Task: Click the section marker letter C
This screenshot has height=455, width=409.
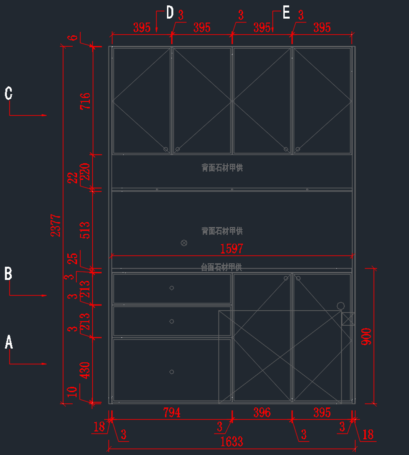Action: click(x=9, y=93)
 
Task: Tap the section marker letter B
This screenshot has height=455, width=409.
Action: click(x=8, y=274)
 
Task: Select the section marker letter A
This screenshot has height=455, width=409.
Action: click(x=9, y=342)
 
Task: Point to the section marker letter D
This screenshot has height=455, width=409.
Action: click(x=170, y=13)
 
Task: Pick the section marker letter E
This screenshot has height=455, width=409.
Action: click(x=286, y=13)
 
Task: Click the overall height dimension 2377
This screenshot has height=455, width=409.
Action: click(x=56, y=225)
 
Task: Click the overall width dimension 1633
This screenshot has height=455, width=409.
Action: click(x=232, y=442)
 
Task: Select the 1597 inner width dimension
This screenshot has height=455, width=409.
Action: click(x=232, y=249)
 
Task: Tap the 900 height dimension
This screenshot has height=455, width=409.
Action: click(x=366, y=336)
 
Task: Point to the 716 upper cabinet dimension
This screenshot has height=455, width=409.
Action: click(x=85, y=101)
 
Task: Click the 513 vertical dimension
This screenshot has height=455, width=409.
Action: click(x=85, y=230)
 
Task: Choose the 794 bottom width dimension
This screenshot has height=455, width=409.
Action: click(x=172, y=412)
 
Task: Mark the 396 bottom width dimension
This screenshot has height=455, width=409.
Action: click(x=262, y=412)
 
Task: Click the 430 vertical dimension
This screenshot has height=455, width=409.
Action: click(x=85, y=370)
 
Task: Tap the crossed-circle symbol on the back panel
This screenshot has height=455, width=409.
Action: click(x=184, y=243)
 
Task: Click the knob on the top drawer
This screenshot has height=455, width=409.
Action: click(x=172, y=288)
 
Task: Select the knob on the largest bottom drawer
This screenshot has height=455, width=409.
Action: click(x=172, y=372)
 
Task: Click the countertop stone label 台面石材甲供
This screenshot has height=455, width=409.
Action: click(x=222, y=267)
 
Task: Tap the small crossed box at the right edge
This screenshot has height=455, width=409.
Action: click(x=348, y=319)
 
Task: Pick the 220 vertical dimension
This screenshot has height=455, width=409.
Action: click(x=85, y=172)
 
